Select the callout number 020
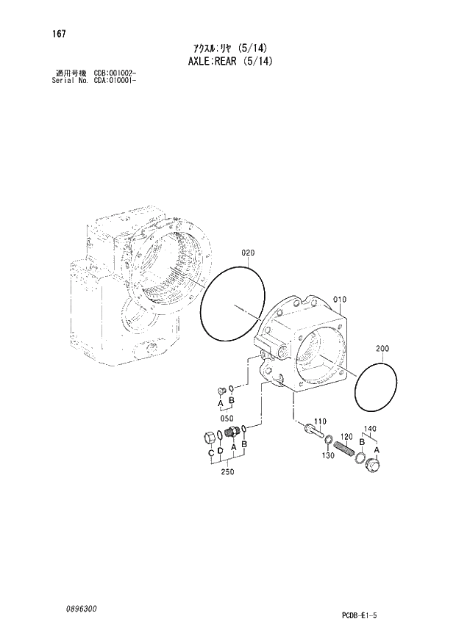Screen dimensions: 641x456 pyautogui.click(x=248, y=253)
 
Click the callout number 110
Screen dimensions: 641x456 pyautogui.click(x=319, y=421)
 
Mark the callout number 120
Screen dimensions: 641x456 pyautogui.click(x=347, y=436)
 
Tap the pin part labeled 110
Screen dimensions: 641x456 pyautogui.click(x=315, y=432)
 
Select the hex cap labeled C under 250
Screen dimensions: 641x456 pyautogui.click(x=209, y=439)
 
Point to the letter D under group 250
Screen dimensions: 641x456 pyautogui.click(x=220, y=455)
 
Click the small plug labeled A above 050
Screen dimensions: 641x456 pyautogui.click(x=219, y=389)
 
